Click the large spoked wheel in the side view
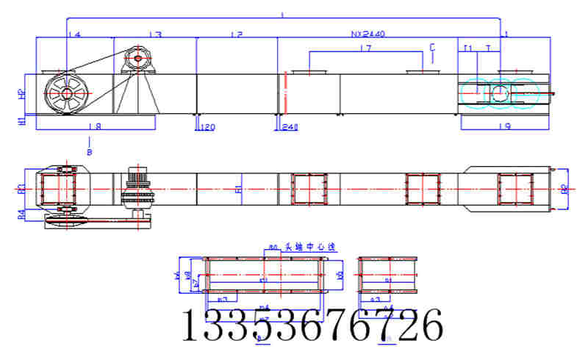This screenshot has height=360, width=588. click(67, 93)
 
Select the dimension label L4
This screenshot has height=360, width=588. click(73, 35)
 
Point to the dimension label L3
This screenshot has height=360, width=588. click(154, 35)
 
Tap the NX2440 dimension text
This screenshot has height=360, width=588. click(368, 34)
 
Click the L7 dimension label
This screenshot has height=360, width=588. click(365, 48)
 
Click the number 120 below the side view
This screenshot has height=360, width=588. click(207, 128)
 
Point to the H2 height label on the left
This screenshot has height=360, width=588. click(21, 94)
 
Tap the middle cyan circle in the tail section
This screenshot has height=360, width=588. click(499, 93)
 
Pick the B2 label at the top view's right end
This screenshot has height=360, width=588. click(564, 189)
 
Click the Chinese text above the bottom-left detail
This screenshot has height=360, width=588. click(299, 248)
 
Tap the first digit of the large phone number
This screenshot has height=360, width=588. click(192, 325)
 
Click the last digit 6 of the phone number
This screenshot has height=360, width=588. click(429, 325)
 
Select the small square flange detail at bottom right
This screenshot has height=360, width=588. click(387, 280)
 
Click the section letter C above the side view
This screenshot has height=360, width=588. click(432, 46)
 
